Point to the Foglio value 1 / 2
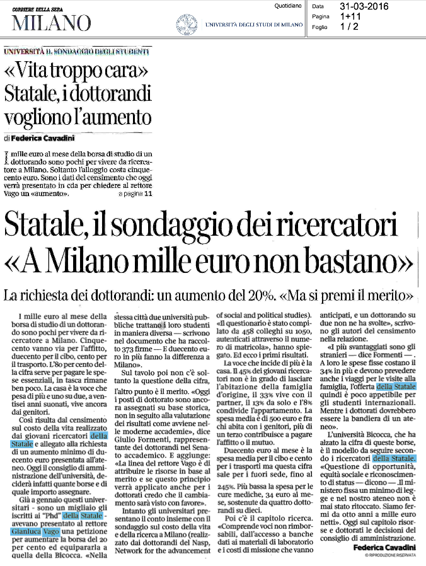pos(349,26)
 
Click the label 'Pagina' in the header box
pos(321,16)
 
